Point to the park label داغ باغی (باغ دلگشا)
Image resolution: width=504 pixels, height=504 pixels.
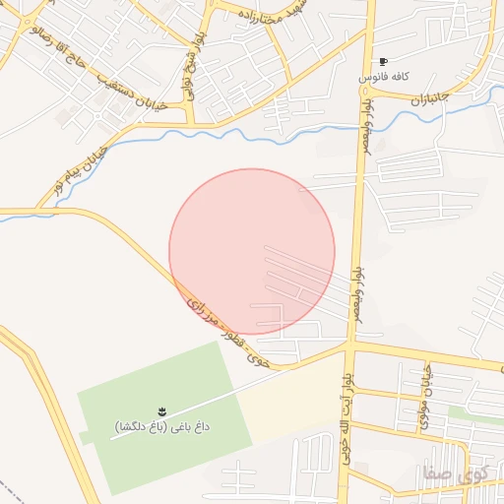pyautogui.click(x=162, y=426)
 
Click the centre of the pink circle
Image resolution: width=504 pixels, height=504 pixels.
pyautogui.click(x=252, y=252)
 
